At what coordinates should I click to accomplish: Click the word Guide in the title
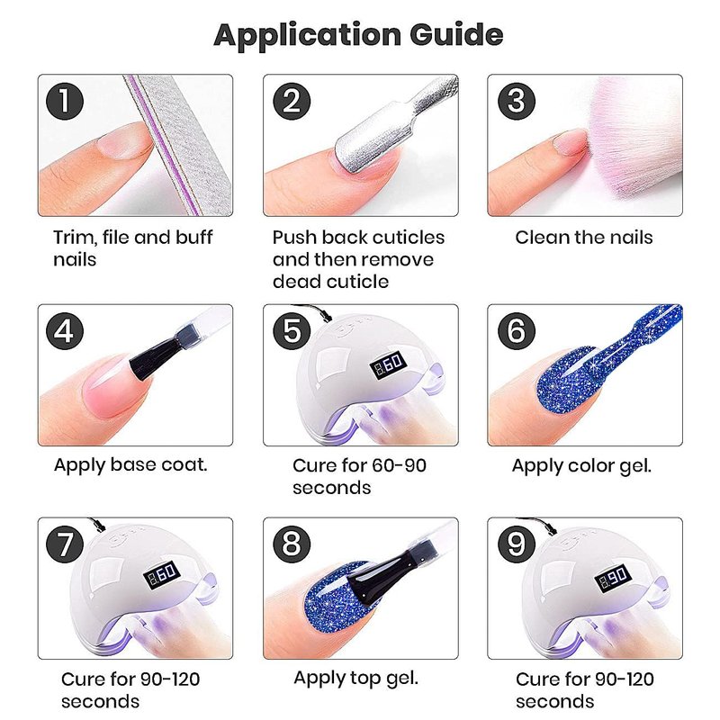point(456,35)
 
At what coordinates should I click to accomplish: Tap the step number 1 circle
point(65,101)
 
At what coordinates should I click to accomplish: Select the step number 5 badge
point(292,330)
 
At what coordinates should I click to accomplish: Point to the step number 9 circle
point(517,544)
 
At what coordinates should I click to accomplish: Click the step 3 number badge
point(517,101)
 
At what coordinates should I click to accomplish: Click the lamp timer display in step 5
point(389,364)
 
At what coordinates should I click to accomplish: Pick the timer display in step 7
point(162,576)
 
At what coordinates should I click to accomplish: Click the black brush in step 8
point(375,574)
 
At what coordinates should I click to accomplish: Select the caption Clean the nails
point(584,238)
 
